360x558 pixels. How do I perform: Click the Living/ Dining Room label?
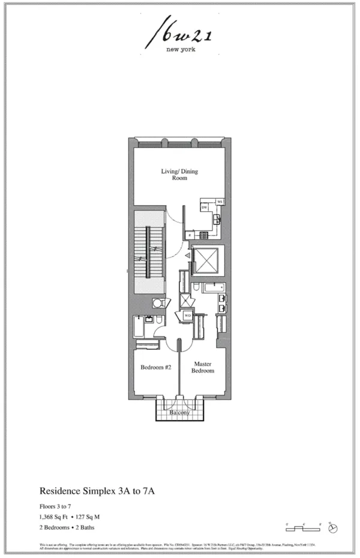coord(179,175)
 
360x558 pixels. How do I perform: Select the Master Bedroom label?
coord(203,367)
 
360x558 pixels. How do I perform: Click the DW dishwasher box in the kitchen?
coord(205,207)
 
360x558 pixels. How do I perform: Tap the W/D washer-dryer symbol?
coord(187,315)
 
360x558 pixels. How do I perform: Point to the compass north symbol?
coord(334,529)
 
